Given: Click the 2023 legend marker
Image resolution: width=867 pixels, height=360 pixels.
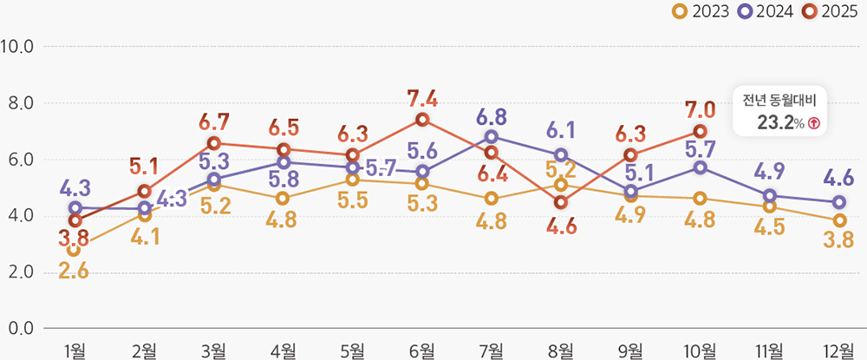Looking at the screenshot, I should [681, 11].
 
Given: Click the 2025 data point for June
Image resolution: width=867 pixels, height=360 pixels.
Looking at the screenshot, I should [422, 120].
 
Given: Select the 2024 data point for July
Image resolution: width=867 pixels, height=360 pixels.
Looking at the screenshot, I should [492, 136].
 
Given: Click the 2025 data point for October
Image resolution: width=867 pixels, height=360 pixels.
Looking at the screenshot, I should [700, 131].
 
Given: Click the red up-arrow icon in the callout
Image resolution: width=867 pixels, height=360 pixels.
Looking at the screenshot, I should [813, 123].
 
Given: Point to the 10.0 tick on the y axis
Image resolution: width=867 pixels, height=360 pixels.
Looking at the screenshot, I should [18, 46].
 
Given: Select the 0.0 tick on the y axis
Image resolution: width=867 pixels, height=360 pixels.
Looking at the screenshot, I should [18, 329].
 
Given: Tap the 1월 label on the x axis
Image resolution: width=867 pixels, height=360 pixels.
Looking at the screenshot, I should [75, 350].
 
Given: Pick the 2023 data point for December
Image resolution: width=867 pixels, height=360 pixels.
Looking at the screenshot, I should [839, 220].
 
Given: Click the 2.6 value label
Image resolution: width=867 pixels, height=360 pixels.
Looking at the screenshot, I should [75, 271].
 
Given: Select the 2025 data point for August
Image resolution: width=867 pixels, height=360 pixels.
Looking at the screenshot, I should [561, 202].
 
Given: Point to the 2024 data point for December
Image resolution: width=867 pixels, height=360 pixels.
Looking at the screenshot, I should [839, 202].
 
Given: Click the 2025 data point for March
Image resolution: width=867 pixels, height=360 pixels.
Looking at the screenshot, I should [214, 143].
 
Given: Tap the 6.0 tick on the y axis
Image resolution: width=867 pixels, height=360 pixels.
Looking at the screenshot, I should [18, 160].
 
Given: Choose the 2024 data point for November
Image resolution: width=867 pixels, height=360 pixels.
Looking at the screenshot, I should [770, 196].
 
